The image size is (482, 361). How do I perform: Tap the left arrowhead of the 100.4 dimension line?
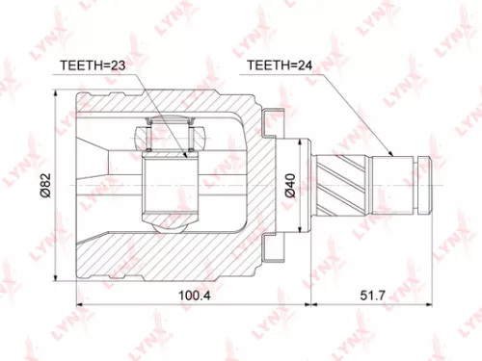click(x=80, y=305)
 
